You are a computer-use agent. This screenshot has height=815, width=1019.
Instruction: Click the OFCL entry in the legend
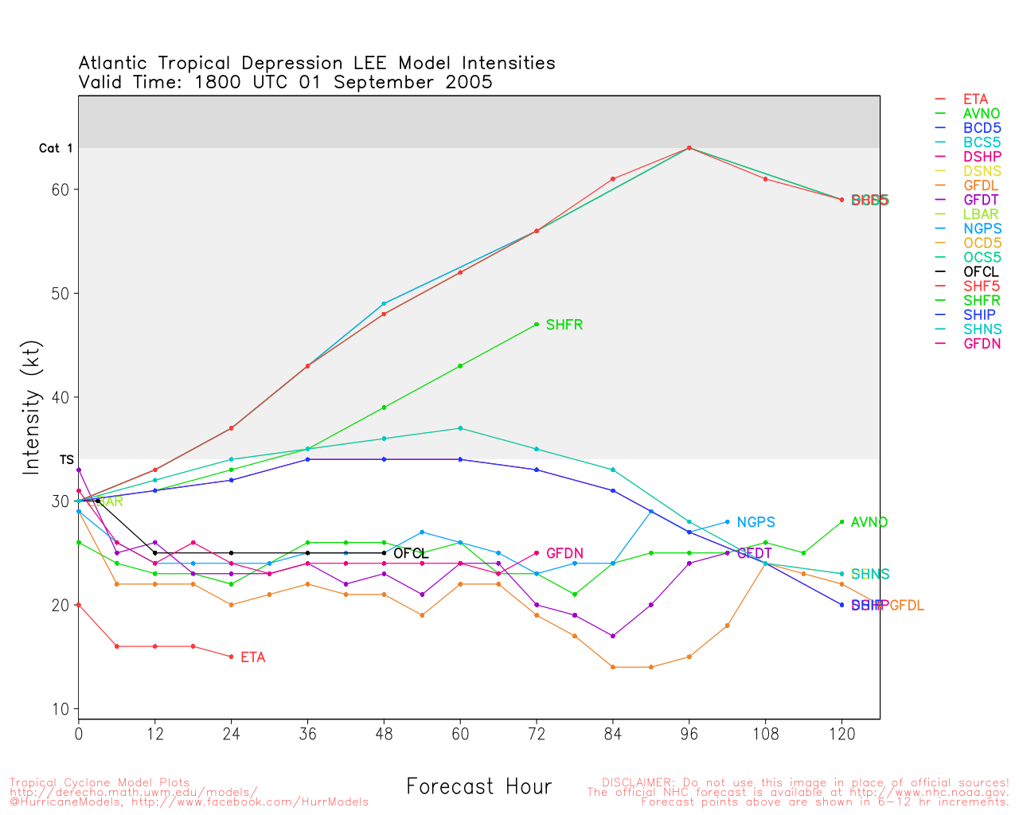click(981, 272)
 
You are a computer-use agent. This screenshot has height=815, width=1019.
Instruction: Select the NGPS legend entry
click(982, 229)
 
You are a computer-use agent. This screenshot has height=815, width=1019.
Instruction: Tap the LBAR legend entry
click(981, 215)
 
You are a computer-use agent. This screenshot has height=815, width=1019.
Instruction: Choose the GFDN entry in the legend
click(982, 344)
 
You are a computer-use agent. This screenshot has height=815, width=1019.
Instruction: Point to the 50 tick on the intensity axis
click(61, 294)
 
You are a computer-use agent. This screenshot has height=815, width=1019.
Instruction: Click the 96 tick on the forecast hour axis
click(689, 734)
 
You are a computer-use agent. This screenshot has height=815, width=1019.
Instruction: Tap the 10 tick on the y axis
click(61, 709)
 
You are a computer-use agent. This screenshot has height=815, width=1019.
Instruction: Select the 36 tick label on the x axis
click(307, 734)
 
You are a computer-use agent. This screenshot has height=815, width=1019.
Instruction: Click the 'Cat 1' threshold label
click(56, 148)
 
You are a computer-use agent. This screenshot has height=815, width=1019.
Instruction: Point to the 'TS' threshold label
click(66, 460)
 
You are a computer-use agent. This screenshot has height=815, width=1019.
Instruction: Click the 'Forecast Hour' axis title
click(478, 787)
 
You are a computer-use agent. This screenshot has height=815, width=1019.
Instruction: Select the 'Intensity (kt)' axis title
click(31, 421)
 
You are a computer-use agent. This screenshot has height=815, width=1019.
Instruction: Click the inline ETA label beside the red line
click(252, 657)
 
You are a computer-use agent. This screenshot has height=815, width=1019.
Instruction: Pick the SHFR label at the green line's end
click(564, 325)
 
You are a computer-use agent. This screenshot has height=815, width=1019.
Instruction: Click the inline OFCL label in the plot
click(410, 554)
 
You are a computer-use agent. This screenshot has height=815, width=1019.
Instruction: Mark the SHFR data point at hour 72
click(537, 325)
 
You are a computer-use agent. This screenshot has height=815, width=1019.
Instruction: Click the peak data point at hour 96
click(689, 148)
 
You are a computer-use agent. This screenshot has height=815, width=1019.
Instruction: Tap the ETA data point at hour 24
click(231, 657)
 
